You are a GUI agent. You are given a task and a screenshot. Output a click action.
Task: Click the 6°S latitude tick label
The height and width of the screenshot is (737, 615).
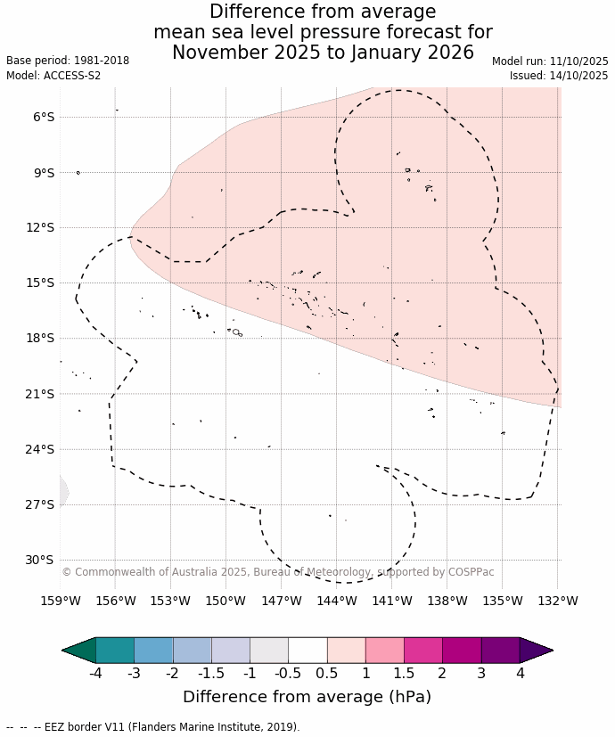(44, 117)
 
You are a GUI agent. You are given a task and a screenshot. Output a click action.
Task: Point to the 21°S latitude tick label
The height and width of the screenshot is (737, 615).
(41, 394)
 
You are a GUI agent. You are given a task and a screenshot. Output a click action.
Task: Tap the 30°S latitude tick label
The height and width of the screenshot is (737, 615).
(41, 560)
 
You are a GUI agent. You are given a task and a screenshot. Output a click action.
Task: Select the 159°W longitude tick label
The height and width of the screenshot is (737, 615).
(61, 601)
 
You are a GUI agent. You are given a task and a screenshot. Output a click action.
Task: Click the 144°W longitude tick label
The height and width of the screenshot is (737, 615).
(337, 601)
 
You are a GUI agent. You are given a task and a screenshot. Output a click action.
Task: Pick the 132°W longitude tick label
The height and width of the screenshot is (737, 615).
(558, 601)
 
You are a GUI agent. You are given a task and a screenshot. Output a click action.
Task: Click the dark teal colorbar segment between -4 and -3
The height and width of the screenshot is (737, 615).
(115, 651)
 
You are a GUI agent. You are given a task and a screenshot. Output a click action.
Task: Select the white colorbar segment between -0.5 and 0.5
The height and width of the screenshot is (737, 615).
(307, 651)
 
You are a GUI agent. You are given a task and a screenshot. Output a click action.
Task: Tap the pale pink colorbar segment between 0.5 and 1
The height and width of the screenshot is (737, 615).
(346, 651)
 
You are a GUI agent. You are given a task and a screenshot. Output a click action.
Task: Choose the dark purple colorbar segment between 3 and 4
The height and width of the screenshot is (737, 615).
(500, 651)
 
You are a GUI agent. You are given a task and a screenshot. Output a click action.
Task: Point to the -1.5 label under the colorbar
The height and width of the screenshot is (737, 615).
(211, 673)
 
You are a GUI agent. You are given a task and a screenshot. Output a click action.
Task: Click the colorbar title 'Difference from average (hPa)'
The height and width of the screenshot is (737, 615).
(307, 696)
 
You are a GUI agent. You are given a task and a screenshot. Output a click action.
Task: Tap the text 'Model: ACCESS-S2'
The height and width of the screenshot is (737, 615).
(53, 76)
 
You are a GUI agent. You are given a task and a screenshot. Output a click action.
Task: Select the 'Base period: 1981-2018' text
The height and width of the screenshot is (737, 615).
(68, 61)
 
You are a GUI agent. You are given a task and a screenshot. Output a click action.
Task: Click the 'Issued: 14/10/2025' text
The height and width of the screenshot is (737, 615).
(559, 76)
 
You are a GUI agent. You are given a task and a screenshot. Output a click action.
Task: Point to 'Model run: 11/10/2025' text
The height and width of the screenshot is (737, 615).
(550, 61)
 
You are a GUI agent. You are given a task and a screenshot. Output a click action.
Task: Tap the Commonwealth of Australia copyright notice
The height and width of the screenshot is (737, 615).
(278, 572)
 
